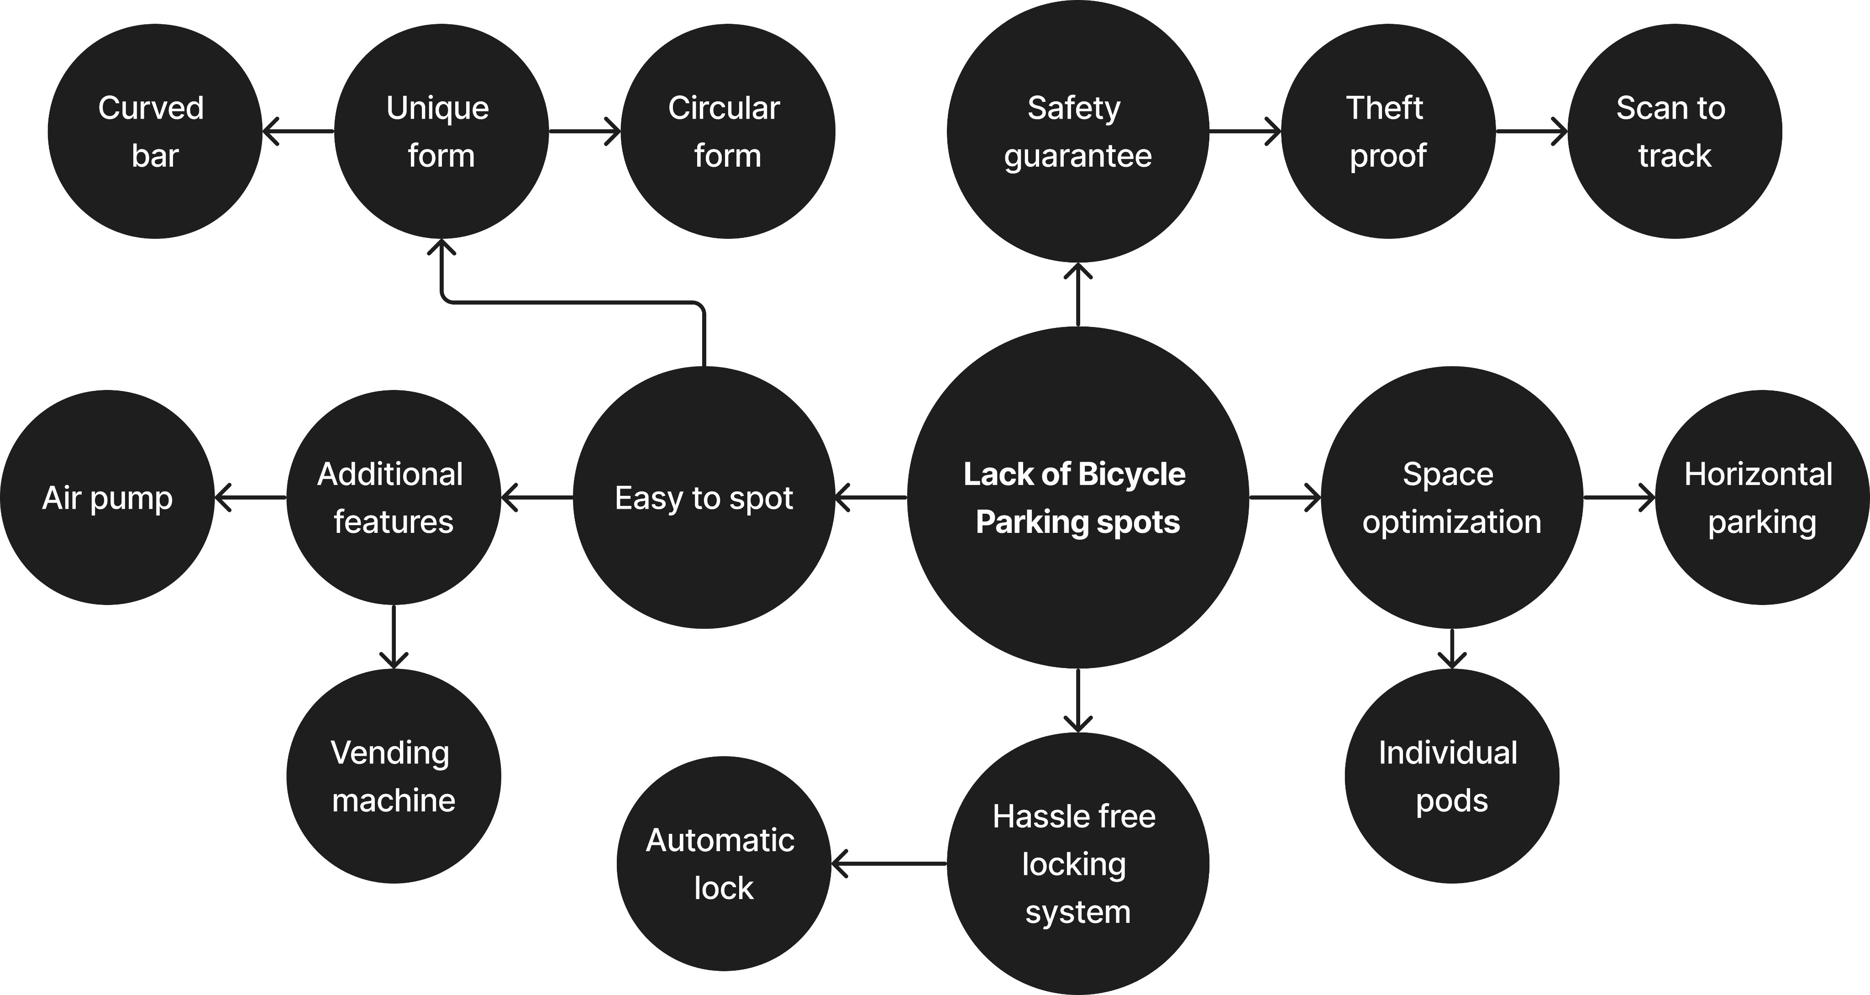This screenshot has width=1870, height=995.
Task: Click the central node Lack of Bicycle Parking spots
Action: click(x=1077, y=498)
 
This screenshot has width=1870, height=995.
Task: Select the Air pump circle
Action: click(x=107, y=498)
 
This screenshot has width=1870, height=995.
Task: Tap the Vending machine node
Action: click(x=394, y=776)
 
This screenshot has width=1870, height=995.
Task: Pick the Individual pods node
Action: click(x=1452, y=776)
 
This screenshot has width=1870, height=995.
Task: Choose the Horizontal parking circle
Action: click(x=1762, y=498)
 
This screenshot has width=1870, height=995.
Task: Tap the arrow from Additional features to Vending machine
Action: click(x=394, y=636)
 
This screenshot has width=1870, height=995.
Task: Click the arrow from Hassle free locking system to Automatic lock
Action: click(x=889, y=863)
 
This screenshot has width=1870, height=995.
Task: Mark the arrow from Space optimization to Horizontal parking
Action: click(x=1619, y=498)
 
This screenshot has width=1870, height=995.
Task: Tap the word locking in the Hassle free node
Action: click(x=1074, y=864)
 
